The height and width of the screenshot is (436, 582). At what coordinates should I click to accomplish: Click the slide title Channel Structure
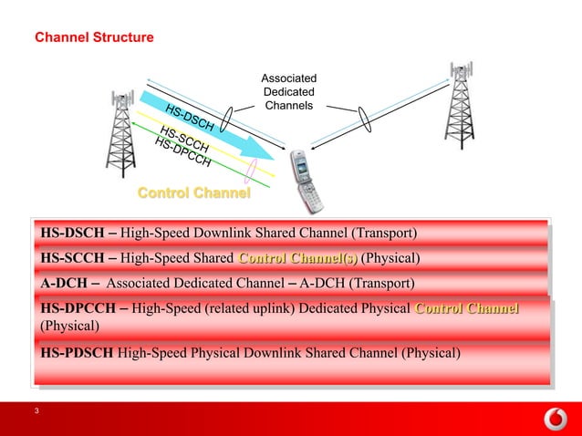coord(94,38)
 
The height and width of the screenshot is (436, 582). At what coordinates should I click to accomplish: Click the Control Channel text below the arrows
coord(193,193)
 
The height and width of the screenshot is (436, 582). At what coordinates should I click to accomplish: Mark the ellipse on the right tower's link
coord(366,120)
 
